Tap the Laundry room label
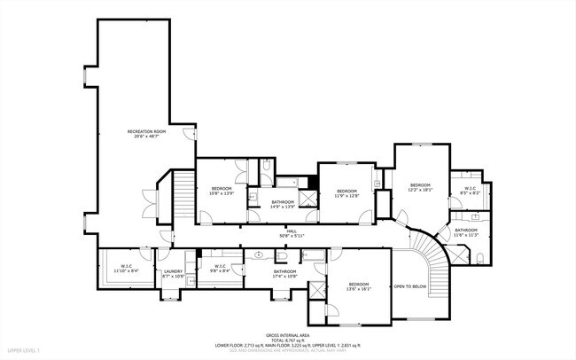click(172, 274)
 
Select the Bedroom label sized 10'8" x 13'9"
click(221, 191)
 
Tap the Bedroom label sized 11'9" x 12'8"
click(346, 193)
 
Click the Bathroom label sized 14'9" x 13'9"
click(284, 204)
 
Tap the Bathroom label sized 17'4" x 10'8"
click(284, 273)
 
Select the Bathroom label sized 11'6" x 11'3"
click(466, 232)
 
